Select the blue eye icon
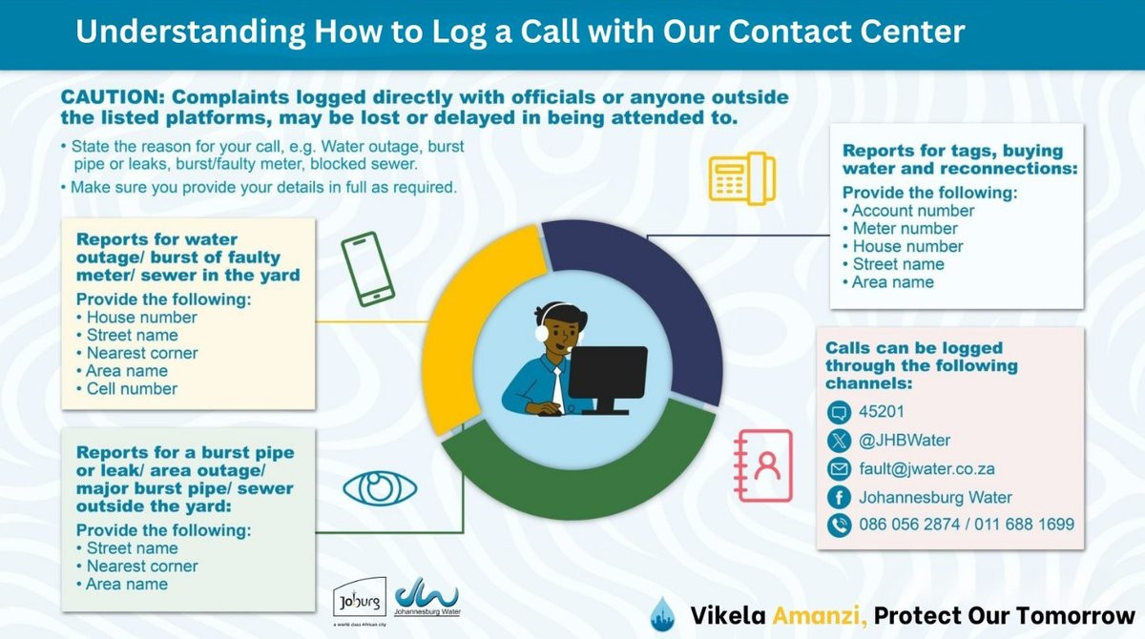click(380, 487)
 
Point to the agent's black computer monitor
click(608, 375)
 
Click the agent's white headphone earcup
click(542, 333)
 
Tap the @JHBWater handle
click(905, 441)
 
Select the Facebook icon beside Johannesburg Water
click(840, 497)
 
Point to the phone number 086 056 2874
click(911, 524)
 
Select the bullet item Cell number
click(132, 389)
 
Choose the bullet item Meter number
click(905, 228)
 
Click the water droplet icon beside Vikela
click(663, 613)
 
